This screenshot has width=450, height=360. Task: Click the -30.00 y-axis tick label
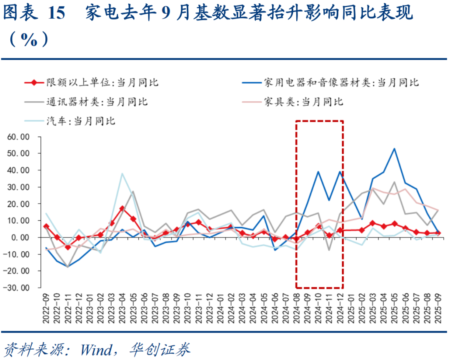click(19, 287)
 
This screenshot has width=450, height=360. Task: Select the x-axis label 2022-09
click(46, 308)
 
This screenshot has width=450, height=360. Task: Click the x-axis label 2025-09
click(437, 308)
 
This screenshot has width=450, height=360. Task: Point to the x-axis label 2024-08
click(296, 308)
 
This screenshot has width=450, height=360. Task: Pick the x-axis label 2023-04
click(122, 308)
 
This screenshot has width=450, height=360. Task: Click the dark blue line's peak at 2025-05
click(394, 148)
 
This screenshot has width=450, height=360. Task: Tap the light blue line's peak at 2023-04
click(122, 173)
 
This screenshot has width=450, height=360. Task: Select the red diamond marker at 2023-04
click(122, 208)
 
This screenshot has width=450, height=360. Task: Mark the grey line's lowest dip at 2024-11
click(329, 250)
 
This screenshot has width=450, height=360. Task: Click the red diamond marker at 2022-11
click(68, 247)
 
